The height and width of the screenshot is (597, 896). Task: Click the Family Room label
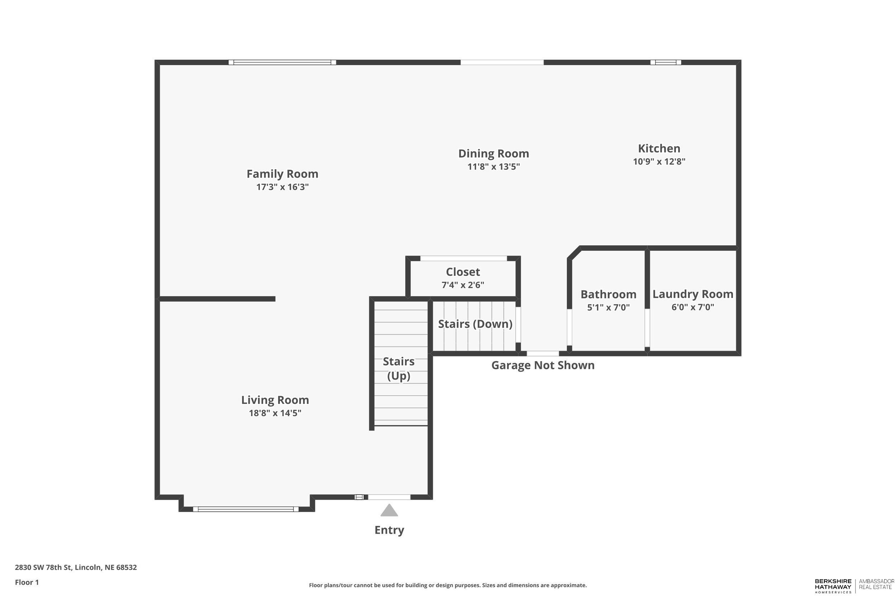282,174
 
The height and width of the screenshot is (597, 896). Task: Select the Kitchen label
659,149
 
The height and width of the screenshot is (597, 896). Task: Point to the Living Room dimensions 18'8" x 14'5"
275,413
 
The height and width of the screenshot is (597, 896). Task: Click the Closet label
463,272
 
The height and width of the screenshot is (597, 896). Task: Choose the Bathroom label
608,294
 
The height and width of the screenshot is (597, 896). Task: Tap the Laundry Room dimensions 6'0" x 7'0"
692,307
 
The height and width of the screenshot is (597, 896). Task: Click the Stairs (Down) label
475,324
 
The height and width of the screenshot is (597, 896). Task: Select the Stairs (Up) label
399,369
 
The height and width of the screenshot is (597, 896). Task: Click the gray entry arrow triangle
389,511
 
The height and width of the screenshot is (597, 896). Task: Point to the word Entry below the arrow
389,530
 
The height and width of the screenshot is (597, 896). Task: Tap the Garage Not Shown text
543,366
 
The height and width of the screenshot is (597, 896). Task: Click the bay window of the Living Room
246,509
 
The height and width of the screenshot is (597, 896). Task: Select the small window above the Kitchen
666,62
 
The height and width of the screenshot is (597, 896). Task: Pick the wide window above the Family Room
282,62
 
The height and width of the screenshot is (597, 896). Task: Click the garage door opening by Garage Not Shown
543,354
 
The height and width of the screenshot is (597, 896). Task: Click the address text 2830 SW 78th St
76,567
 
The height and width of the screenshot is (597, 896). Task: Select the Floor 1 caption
27,582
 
